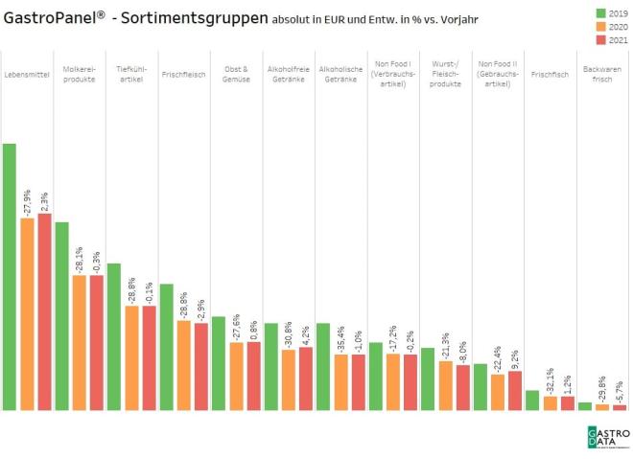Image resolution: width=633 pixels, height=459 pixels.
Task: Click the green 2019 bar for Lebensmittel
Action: (9, 277)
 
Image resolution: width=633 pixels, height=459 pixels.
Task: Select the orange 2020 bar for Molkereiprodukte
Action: (79, 343)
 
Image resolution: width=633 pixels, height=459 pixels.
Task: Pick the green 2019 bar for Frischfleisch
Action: (166, 347)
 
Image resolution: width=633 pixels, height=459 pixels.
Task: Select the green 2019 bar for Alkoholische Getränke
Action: (323, 367)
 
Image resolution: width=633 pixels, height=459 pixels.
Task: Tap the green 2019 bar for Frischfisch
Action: (532, 401)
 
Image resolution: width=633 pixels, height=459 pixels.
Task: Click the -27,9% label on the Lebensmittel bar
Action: (27, 202)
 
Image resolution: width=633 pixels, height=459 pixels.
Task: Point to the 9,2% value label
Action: (515, 357)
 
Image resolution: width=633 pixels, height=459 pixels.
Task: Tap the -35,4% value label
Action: (340, 339)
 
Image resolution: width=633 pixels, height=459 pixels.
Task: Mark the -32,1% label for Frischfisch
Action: (550, 381)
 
